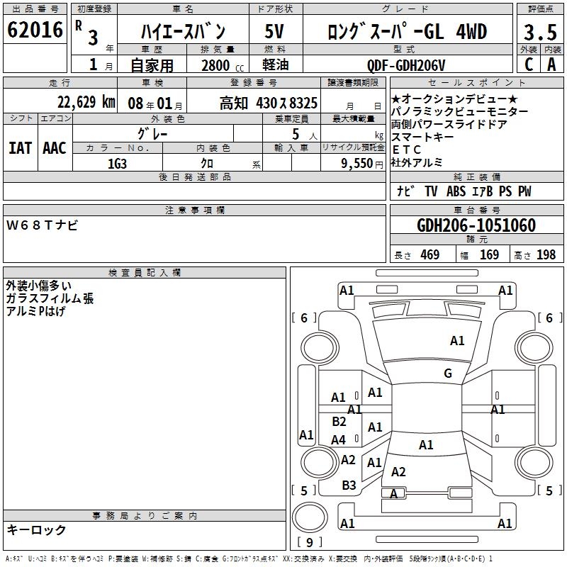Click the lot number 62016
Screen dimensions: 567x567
[x=35, y=30]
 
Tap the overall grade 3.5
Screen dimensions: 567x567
[x=540, y=32]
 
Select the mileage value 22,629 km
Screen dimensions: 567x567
[x=86, y=102]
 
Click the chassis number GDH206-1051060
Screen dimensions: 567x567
[x=476, y=225]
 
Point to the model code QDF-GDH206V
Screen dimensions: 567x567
[x=406, y=65]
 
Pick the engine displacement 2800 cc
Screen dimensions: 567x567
[x=223, y=65]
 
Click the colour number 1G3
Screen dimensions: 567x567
[x=117, y=164]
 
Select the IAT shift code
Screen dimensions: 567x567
[x=21, y=148]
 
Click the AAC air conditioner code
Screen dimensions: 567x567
[x=55, y=148]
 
